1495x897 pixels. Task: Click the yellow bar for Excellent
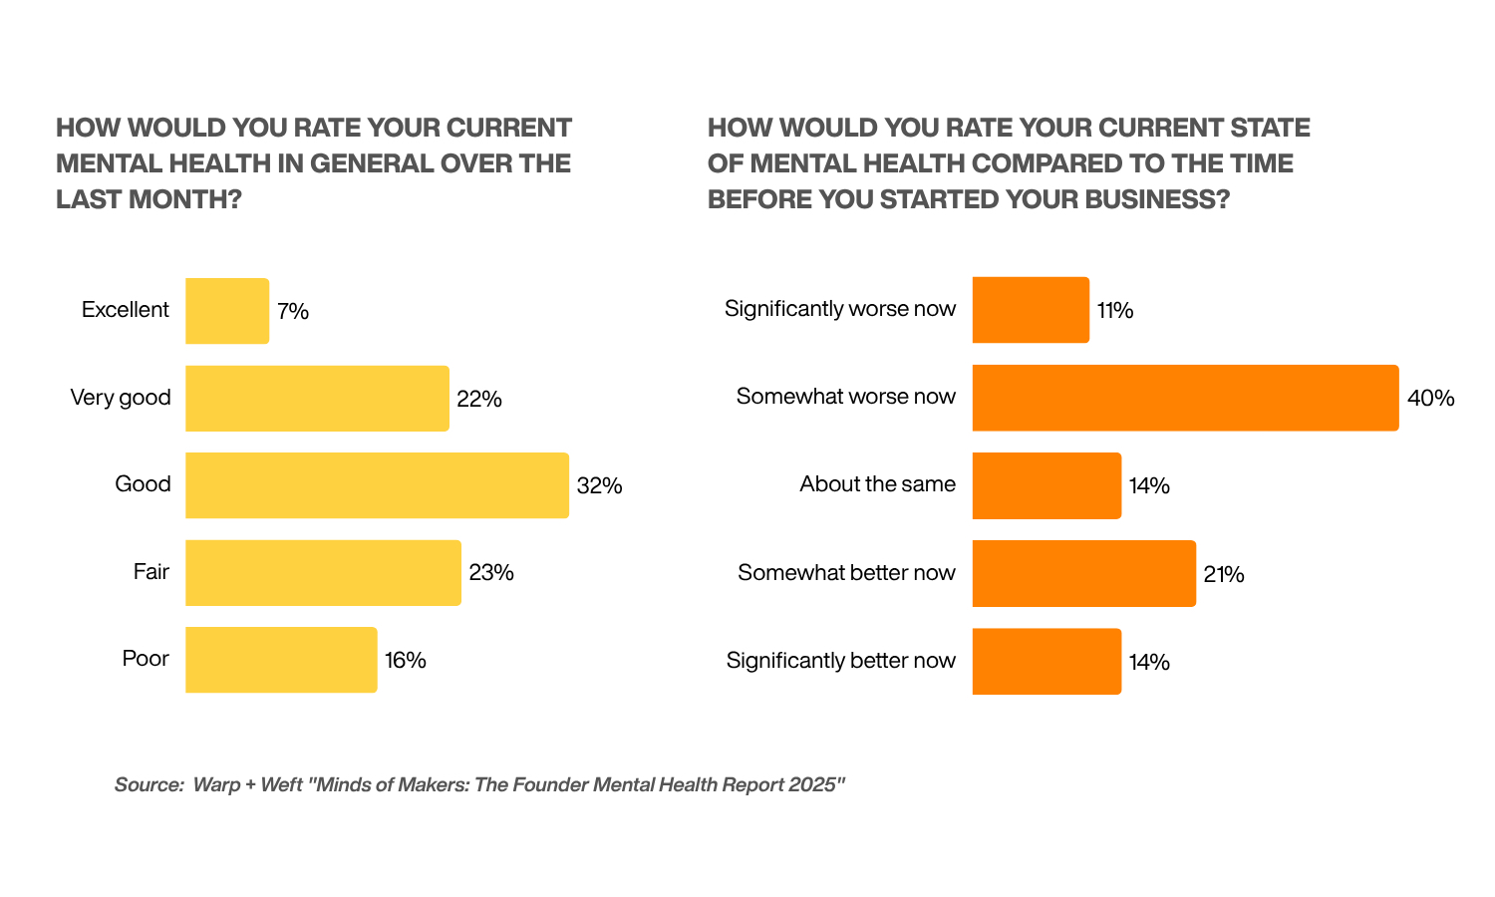tap(227, 311)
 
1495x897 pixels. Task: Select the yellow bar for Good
tap(377, 485)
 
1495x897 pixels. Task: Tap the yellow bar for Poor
tap(281, 660)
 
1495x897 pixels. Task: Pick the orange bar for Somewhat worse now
tap(1185, 398)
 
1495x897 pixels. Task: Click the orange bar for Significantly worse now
tap(1031, 310)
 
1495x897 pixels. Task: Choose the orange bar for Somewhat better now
tap(1083, 573)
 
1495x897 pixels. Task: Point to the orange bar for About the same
tap(1046, 485)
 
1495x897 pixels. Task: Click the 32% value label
tap(599, 486)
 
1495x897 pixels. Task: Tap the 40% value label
tap(1430, 399)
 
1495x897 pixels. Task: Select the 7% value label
tap(293, 312)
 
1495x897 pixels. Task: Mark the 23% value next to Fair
tap(491, 573)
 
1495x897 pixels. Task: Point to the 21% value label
tap(1224, 574)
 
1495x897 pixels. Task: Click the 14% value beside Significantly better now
tap(1149, 662)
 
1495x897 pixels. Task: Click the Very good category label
tap(121, 398)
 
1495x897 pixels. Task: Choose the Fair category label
tap(151, 572)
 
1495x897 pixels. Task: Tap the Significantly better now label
tap(840, 661)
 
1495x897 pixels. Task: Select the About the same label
tap(877, 484)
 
